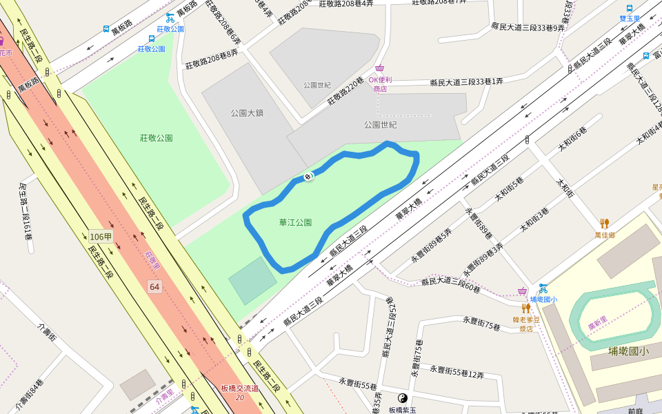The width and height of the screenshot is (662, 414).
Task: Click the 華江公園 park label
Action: [295, 223]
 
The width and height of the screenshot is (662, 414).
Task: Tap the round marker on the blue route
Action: [308, 177]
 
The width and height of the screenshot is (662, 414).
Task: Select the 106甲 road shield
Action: [101, 237]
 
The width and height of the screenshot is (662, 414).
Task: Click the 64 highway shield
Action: [154, 286]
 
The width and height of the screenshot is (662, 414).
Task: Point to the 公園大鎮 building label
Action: [247, 112]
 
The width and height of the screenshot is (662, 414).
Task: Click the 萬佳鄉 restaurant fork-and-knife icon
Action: [604, 223]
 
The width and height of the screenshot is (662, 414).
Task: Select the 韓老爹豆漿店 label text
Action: [525, 324]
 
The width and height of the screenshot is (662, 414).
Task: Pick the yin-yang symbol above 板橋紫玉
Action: [403, 398]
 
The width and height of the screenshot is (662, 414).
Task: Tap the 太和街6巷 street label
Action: [572, 140]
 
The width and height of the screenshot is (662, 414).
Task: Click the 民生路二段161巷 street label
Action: [26, 211]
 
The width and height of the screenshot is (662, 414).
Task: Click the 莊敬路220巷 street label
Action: [345, 91]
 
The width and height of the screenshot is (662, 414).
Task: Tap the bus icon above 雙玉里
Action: [630, 8]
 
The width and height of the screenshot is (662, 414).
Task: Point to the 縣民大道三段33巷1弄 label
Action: [466, 81]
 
